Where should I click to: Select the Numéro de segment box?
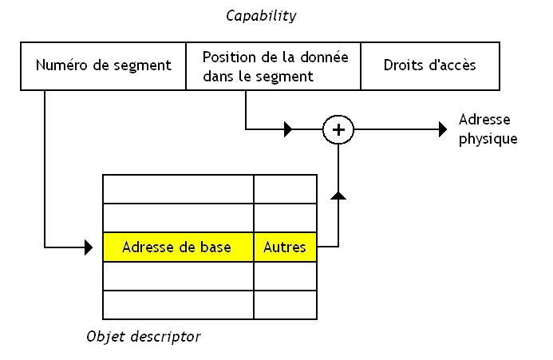[x=104, y=65]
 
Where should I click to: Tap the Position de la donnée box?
[x=273, y=65]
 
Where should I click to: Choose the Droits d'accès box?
[x=430, y=65]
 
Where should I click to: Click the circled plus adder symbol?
[x=338, y=129]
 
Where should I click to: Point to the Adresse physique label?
[x=488, y=129]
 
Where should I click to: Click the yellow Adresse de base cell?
[x=178, y=247]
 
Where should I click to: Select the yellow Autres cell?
[x=285, y=247]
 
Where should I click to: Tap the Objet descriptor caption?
[x=144, y=336]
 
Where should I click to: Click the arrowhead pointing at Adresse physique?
[x=443, y=129]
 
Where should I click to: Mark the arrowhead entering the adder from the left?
[x=289, y=129]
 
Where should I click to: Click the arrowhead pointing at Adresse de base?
[x=89, y=247]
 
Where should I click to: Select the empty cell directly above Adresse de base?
[x=178, y=218]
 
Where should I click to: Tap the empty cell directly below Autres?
[x=285, y=276]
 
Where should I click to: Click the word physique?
[x=488, y=138]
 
